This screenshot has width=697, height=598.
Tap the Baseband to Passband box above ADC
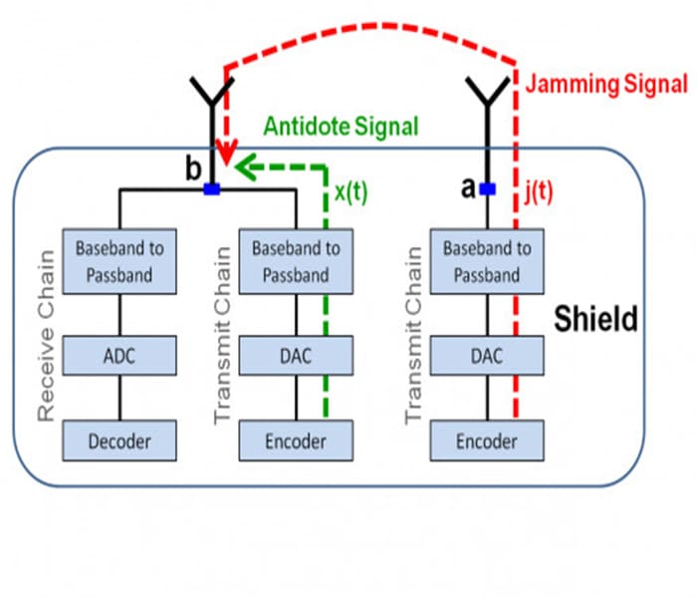119,261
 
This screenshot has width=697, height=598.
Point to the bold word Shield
595,321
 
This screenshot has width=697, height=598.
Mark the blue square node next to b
210,187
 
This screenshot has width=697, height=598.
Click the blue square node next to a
487,187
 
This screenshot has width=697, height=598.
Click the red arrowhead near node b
228,157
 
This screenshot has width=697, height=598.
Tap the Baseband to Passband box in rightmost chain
487,261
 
